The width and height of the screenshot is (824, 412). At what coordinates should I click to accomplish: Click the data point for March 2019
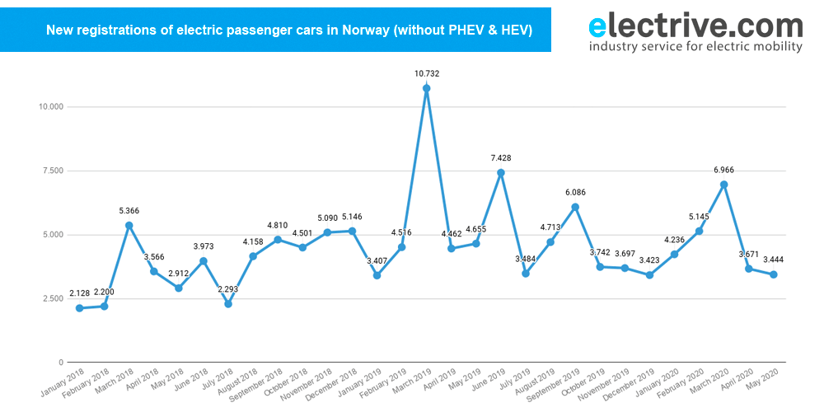tap(426, 88)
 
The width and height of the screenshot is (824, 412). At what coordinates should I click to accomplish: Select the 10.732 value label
tap(426, 73)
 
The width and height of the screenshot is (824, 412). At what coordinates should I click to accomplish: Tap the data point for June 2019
tap(500, 173)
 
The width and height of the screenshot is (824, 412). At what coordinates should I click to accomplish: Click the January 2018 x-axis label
tap(64, 382)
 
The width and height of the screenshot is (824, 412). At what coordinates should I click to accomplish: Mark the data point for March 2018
tap(129, 225)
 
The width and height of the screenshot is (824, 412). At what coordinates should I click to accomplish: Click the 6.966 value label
tap(723, 170)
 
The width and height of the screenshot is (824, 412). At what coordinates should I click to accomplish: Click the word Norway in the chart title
tap(363, 30)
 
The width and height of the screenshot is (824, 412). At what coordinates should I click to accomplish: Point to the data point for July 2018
tap(228, 304)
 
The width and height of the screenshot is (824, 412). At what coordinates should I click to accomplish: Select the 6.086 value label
tap(575, 192)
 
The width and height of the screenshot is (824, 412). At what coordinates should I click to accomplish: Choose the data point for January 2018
tap(79, 308)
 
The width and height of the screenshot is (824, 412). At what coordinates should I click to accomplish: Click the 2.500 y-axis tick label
tap(52, 298)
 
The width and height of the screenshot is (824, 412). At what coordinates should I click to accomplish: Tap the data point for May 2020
tap(773, 274)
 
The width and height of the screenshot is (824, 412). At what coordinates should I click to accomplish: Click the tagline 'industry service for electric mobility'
tap(695, 47)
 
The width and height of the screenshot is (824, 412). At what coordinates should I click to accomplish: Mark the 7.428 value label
tap(500, 157)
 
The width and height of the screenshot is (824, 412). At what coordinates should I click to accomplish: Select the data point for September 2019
tap(575, 207)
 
